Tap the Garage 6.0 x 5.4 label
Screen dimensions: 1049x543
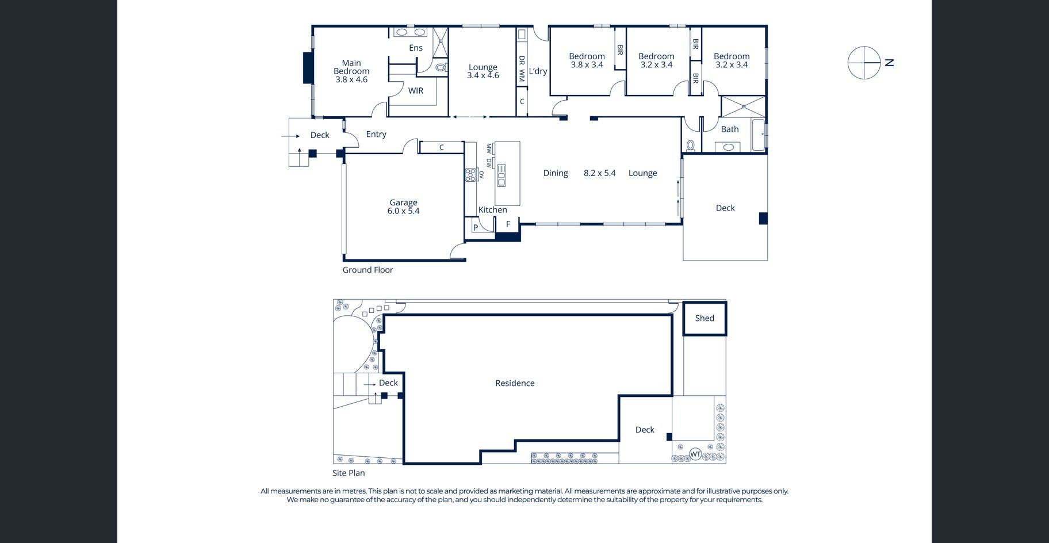click(x=403, y=207)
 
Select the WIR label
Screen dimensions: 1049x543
click(x=416, y=90)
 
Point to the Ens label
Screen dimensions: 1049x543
click(x=416, y=48)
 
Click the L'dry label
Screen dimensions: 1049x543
click(x=538, y=71)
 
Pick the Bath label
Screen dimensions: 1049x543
click(x=730, y=129)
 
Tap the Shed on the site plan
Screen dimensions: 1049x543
click(x=705, y=318)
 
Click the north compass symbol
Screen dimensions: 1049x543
click(x=864, y=63)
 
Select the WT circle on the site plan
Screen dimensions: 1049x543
click(x=695, y=454)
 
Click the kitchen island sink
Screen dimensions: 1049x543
click(x=501, y=175)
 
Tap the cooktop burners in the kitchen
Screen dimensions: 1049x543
click(x=470, y=174)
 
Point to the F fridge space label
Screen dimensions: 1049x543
click(x=508, y=224)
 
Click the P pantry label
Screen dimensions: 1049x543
click(x=476, y=228)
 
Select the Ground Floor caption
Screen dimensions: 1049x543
click(x=367, y=270)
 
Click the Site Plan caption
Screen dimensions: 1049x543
click(x=349, y=473)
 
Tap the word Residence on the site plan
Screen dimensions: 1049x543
click(x=515, y=383)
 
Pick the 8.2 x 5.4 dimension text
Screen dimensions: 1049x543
click(x=599, y=173)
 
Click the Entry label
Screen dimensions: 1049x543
click(x=376, y=134)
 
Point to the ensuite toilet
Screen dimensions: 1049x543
click(x=441, y=67)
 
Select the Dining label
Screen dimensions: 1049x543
click(x=556, y=173)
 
